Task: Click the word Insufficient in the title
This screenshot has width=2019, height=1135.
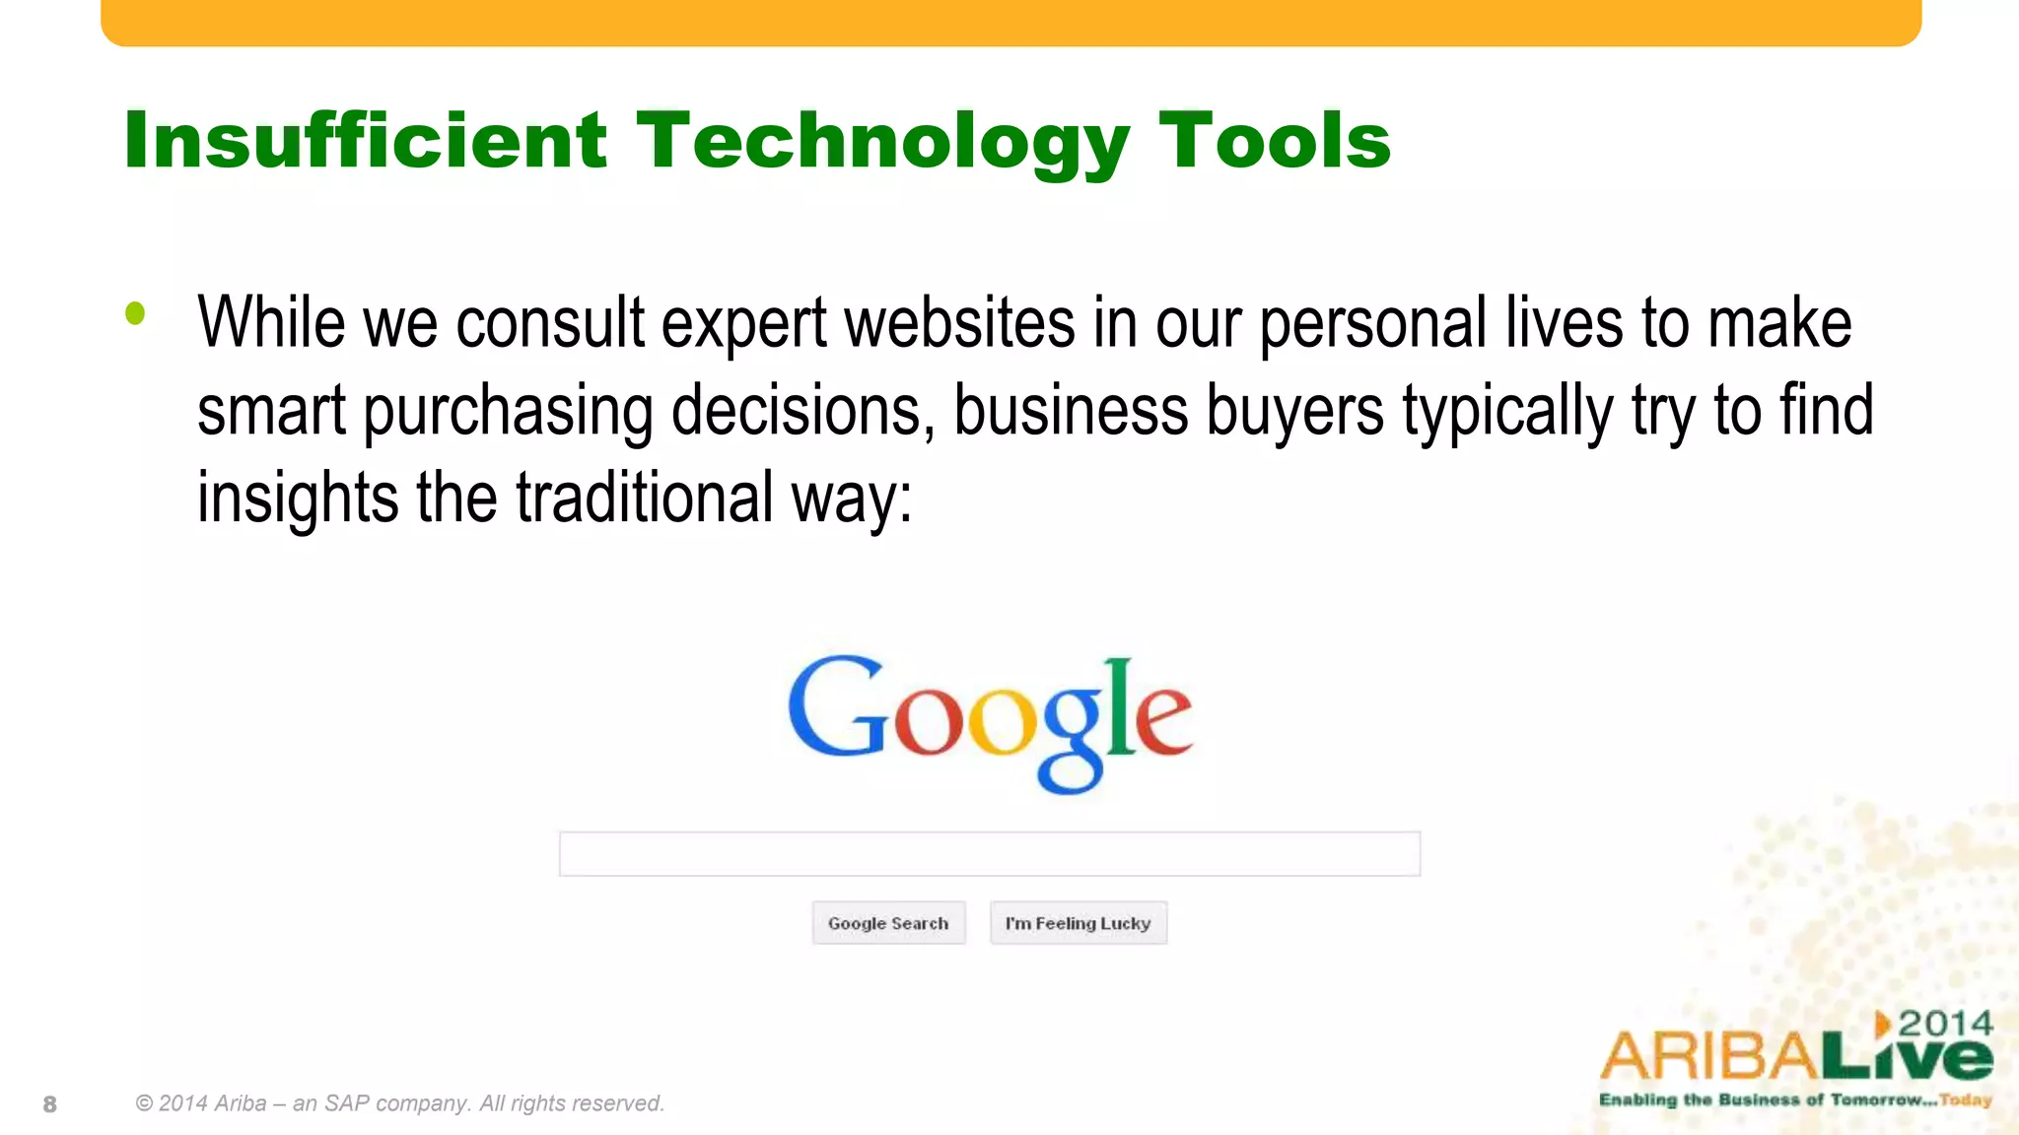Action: pyautogui.click(x=365, y=141)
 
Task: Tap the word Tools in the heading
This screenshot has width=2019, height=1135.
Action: pyautogui.click(x=1274, y=141)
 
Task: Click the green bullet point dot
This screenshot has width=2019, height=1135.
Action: pyautogui.click(x=135, y=314)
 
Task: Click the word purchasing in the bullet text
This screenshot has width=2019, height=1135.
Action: pyautogui.click(x=508, y=411)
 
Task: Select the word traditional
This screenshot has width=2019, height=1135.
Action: pyautogui.click(x=645, y=498)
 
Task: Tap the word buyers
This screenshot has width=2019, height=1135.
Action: pyautogui.click(x=1295, y=411)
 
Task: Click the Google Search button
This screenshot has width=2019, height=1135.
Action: pyautogui.click(x=888, y=923)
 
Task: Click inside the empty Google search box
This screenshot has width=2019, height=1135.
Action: pyautogui.click(x=989, y=854)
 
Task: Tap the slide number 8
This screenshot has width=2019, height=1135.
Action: pyautogui.click(x=50, y=1104)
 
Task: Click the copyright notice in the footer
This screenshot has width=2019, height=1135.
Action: pyautogui.click(x=400, y=1103)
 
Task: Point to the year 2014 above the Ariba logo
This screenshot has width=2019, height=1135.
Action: pyautogui.click(x=1945, y=1024)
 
